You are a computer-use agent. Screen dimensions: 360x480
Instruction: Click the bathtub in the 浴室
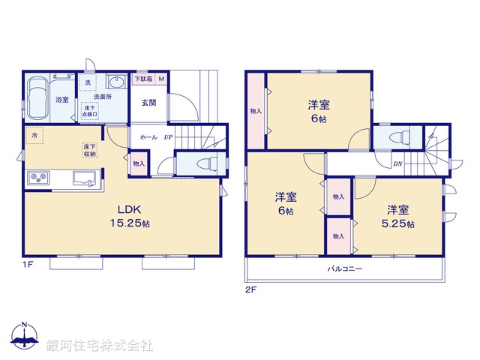[x=37, y=97]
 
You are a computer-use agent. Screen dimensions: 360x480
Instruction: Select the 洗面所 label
[x=103, y=97]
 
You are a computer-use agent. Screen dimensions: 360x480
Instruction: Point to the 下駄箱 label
[x=142, y=79]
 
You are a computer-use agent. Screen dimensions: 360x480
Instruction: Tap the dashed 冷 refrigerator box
[x=34, y=136]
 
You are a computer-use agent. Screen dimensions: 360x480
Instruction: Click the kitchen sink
[x=83, y=178]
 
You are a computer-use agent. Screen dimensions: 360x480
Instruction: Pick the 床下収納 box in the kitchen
[x=89, y=149]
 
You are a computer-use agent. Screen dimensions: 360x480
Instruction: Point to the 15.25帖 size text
[x=128, y=223]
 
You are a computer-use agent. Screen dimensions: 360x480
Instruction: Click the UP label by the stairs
[x=168, y=138]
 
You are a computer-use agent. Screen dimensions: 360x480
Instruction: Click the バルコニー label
[x=344, y=268]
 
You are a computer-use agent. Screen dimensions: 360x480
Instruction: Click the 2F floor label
[x=250, y=289]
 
